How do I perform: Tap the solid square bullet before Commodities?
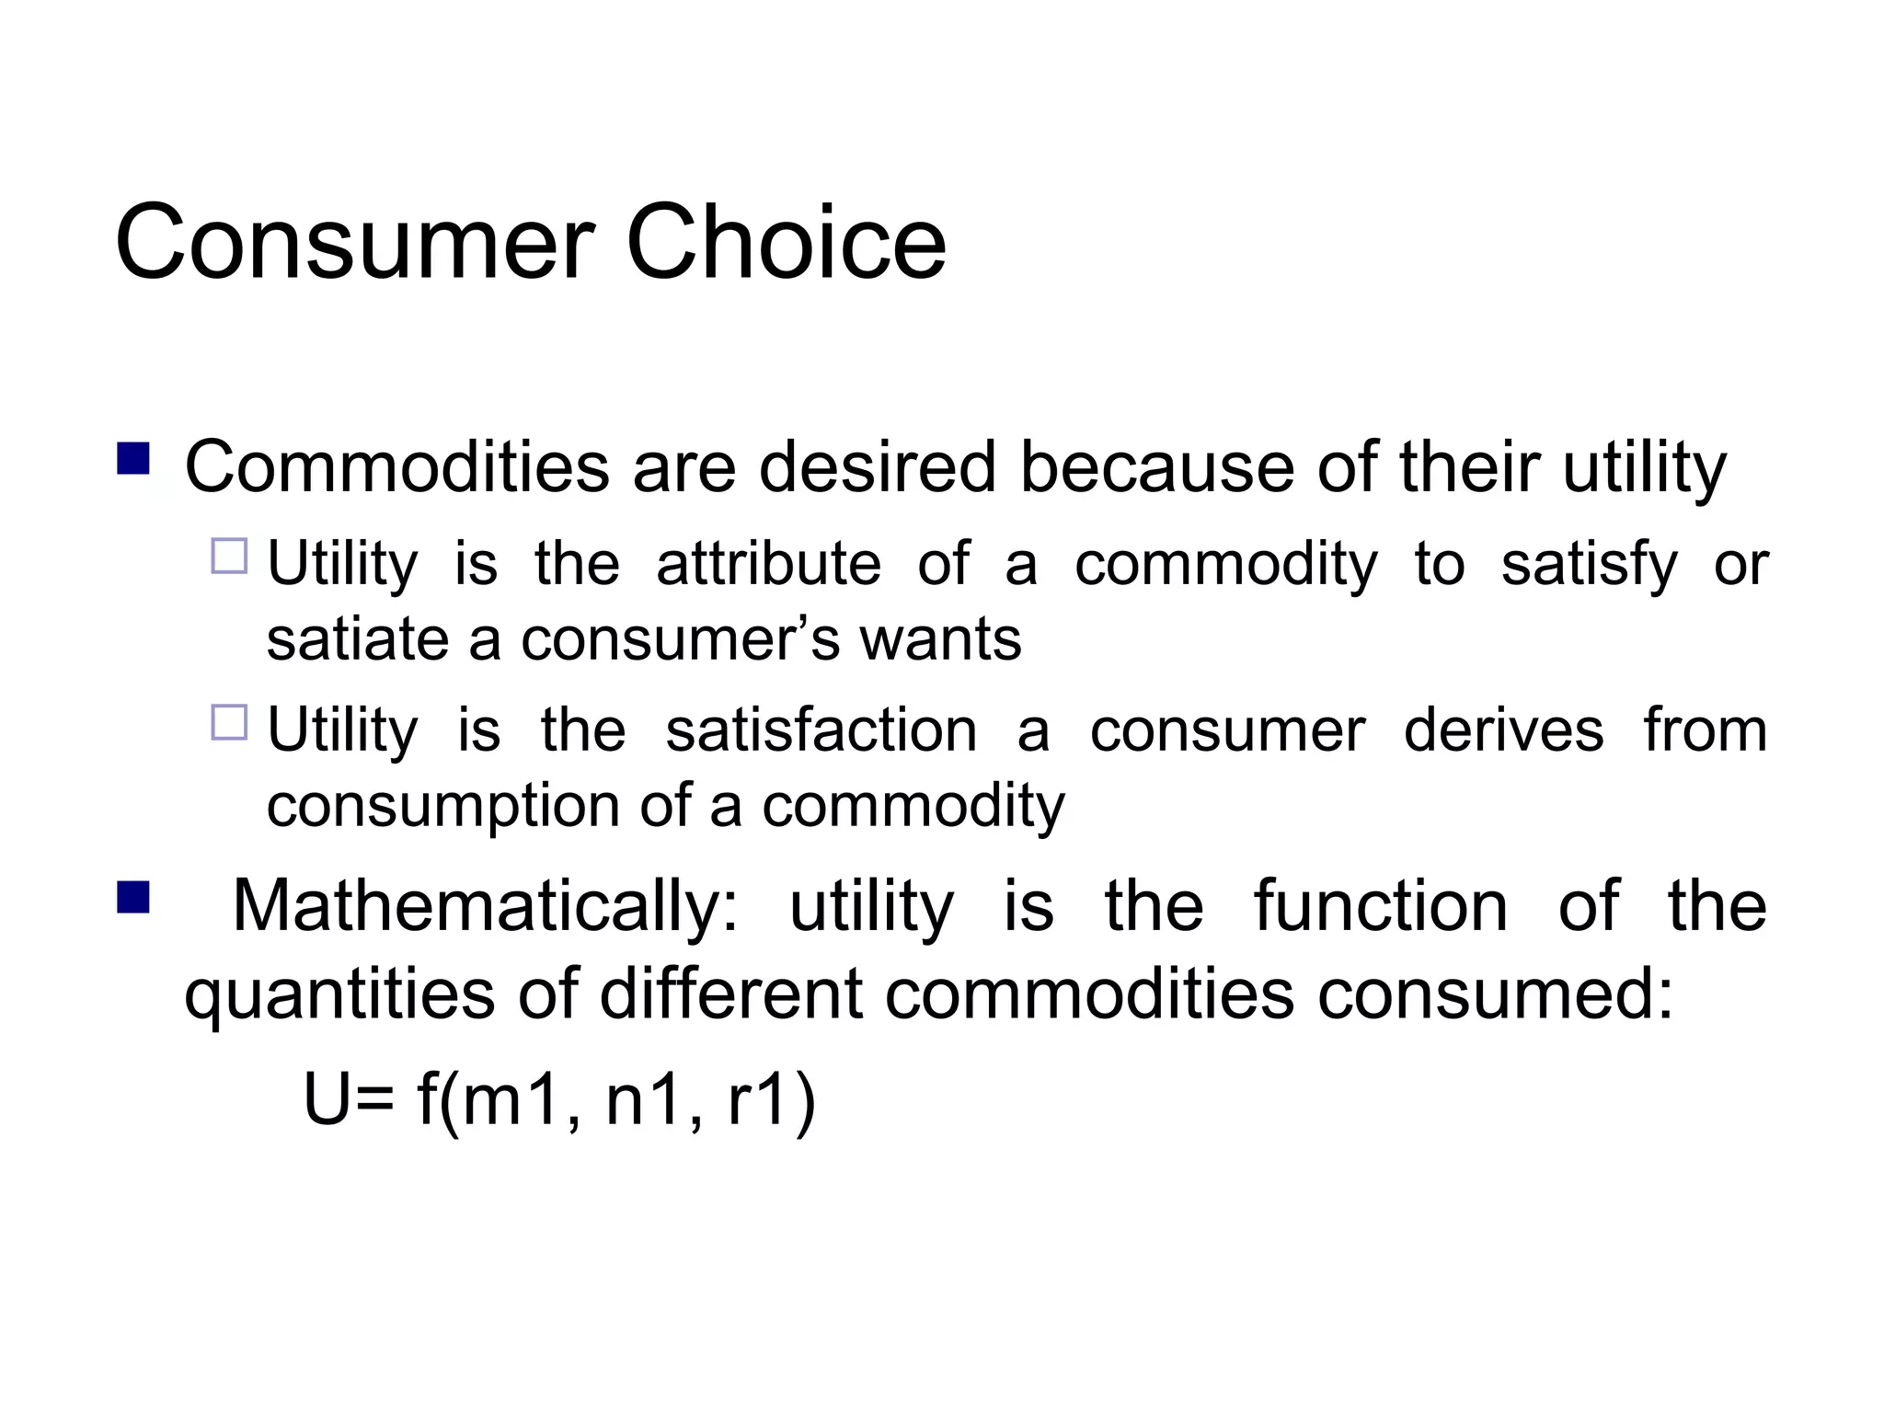pyautogui.click(x=134, y=458)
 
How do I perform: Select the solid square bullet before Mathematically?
pyautogui.click(x=134, y=897)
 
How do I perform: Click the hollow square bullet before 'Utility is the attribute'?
pyautogui.click(x=229, y=557)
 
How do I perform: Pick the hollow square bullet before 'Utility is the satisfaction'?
pyautogui.click(x=229, y=723)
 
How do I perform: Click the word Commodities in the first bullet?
pyautogui.click(x=396, y=467)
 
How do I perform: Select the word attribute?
pyautogui.click(x=768, y=564)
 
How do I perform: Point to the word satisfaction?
pyautogui.click(x=821, y=731)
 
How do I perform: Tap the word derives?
pyautogui.click(x=1503, y=731)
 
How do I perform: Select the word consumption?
pyautogui.click(x=442, y=808)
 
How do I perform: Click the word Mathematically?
pyautogui.click(x=485, y=907)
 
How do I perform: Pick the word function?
pyautogui.click(x=1380, y=907)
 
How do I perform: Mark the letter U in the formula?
pyautogui.click(x=326, y=1099)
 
